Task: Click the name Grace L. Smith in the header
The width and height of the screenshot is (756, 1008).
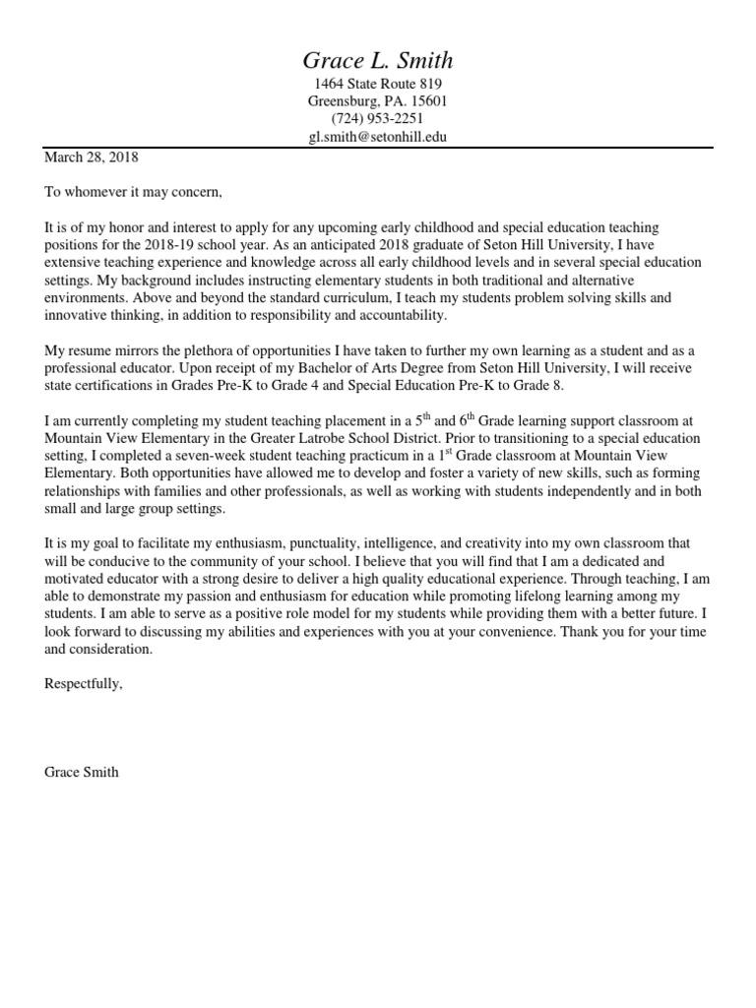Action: point(378,60)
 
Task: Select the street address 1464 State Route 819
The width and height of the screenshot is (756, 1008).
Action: point(378,85)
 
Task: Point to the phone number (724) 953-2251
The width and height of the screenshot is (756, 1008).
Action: point(378,120)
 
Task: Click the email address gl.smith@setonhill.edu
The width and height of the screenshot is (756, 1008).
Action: point(378,138)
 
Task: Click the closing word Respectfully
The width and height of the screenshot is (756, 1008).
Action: point(84,685)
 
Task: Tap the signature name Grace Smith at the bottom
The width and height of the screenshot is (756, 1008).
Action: point(82,773)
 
